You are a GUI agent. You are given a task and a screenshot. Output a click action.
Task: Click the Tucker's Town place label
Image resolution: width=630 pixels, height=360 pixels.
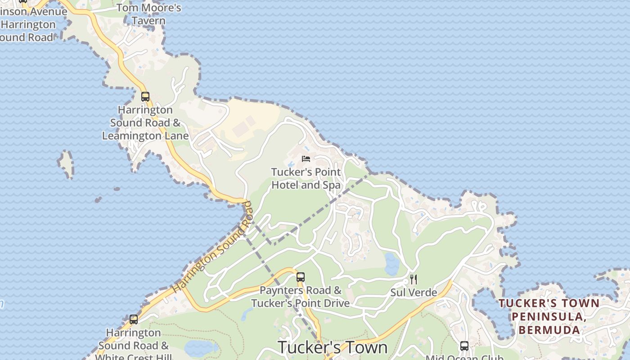[x=333, y=347]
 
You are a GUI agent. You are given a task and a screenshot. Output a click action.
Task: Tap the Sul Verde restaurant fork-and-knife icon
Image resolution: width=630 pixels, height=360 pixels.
[x=414, y=279]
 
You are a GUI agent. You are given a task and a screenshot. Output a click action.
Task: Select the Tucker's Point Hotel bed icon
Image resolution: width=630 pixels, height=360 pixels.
[x=306, y=158]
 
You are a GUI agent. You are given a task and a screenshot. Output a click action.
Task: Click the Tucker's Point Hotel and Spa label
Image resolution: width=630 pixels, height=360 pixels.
[x=306, y=179]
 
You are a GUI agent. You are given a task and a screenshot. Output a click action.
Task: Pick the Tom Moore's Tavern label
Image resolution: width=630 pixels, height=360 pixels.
[x=149, y=14]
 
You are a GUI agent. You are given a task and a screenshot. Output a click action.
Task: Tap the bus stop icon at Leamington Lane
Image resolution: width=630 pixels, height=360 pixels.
[x=145, y=96]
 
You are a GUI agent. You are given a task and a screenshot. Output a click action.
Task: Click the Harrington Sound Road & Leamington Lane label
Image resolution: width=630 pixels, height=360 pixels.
[x=145, y=123]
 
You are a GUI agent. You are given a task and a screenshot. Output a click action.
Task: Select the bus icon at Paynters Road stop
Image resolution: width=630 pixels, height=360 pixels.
[x=300, y=277]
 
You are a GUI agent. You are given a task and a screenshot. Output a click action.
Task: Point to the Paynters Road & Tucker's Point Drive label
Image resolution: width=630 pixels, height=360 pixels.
[x=300, y=297]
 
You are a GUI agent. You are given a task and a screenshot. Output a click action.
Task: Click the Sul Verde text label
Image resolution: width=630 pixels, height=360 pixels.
[x=414, y=292]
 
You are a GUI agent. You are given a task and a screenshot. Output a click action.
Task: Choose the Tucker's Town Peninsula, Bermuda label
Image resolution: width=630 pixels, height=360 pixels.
[x=549, y=316]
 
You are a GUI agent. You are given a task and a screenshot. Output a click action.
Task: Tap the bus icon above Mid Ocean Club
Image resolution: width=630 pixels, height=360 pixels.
[x=464, y=346]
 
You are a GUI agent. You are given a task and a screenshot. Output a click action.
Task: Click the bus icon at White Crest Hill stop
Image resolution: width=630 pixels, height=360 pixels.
[x=134, y=319]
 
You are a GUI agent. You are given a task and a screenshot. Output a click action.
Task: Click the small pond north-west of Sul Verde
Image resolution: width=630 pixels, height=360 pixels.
[x=391, y=264]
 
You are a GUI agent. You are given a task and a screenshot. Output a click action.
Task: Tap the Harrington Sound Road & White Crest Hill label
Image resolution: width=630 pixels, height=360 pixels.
[x=134, y=345]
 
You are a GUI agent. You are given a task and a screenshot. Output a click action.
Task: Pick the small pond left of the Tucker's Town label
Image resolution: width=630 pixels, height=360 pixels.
[x=200, y=347]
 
